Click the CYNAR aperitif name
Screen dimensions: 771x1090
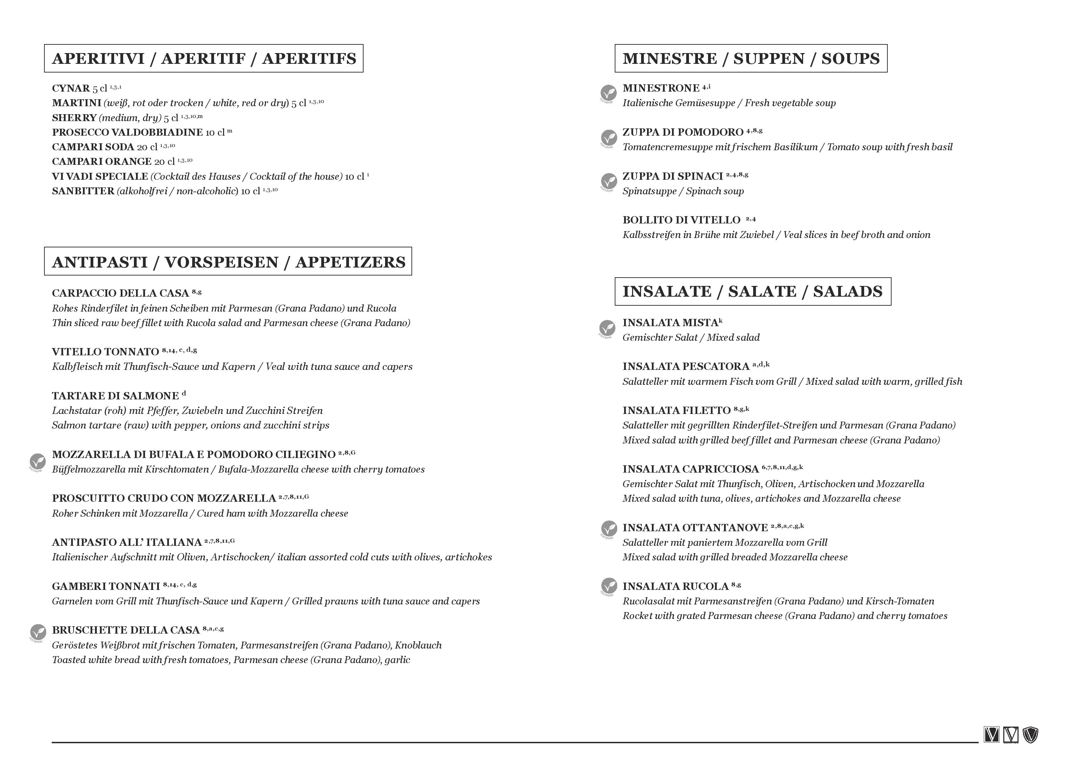pyautogui.click(x=71, y=88)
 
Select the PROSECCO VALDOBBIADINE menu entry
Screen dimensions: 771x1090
pyautogui.click(x=127, y=133)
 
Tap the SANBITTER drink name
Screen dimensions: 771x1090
pyautogui.click(x=83, y=191)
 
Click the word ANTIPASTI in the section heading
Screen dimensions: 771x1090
pyautogui.click(x=100, y=262)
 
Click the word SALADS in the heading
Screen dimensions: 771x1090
pyautogui.click(x=848, y=291)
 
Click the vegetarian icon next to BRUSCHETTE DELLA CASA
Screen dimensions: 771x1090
pyautogui.click(x=37, y=632)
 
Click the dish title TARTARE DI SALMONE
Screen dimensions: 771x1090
pyautogui.click(x=116, y=396)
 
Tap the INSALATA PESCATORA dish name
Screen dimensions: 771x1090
pyautogui.click(x=685, y=366)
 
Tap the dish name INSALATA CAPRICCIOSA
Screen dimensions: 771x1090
pyautogui.click(x=690, y=469)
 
